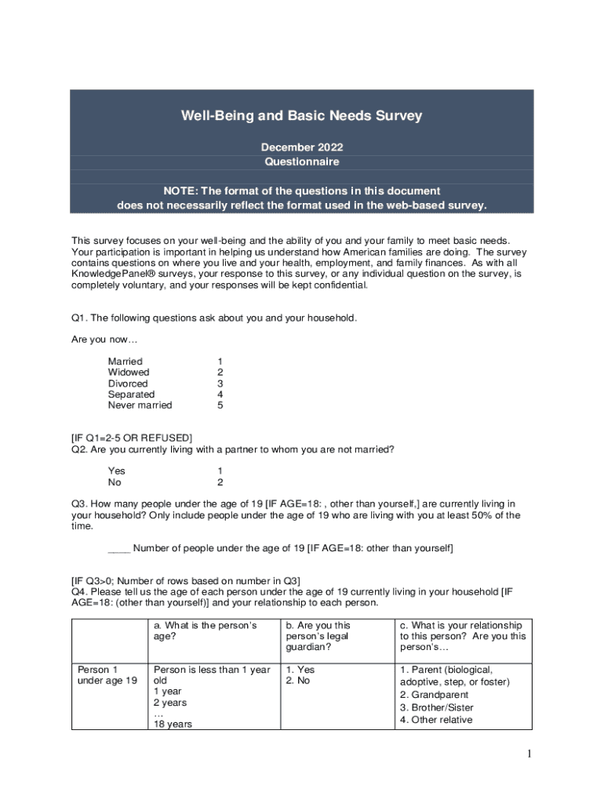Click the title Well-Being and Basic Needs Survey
click(x=302, y=116)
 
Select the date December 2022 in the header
click(x=302, y=147)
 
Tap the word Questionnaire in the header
click(x=302, y=162)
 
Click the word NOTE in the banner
click(x=182, y=191)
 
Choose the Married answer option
click(x=125, y=362)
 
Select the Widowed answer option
click(x=128, y=372)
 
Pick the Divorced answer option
click(x=127, y=383)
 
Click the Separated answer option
click(x=131, y=394)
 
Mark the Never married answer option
click(x=140, y=405)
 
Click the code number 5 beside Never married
click(x=220, y=405)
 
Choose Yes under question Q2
click(x=116, y=471)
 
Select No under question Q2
click(x=115, y=482)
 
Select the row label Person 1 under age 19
click(x=107, y=675)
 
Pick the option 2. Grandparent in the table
click(x=434, y=695)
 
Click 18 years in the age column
click(x=173, y=725)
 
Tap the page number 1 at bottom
click(x=530, y=754)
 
